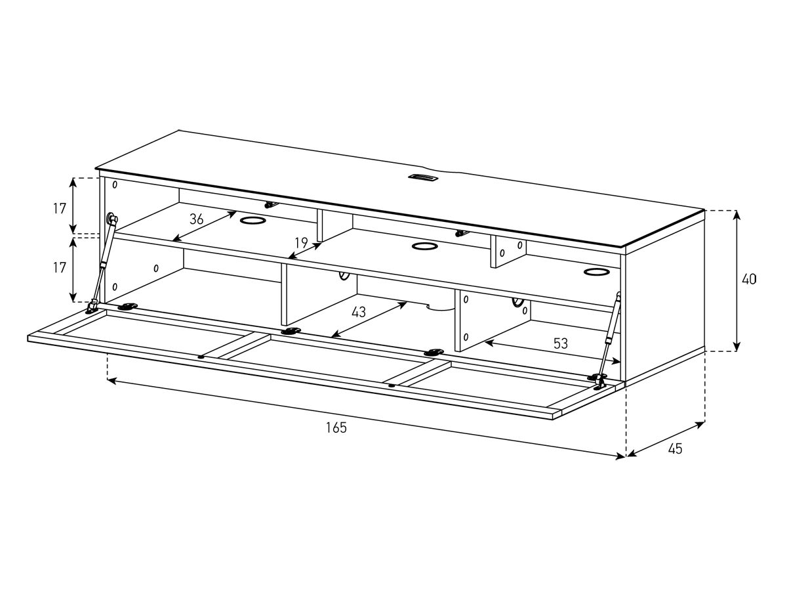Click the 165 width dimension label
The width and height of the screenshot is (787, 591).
tap(336, 428)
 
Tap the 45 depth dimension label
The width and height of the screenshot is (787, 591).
tap(675, 449)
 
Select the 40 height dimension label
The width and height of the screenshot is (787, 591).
tap(748, 279)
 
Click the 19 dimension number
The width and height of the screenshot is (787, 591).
tap(301, 244)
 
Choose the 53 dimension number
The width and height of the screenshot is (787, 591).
tap(559, 343)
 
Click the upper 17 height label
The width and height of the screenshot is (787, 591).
tap(60, 209)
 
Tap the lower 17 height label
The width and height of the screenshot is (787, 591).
tap(60, 267)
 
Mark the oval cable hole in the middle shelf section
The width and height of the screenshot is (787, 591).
tap(425, 247)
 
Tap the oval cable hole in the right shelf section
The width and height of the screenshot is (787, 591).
tap(596, 271)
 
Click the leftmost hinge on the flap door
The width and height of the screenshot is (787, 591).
tap(128, 307)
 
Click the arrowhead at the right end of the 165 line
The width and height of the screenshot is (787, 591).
tap(622, 456)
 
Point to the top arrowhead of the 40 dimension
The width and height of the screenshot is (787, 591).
tap(737, 214)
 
